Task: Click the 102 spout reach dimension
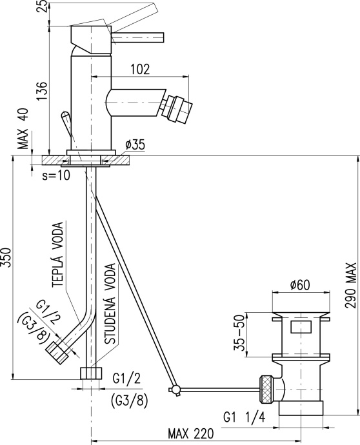point(140,69)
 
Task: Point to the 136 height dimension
point(43,91)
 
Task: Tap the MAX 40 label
point(24,128)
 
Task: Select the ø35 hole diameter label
point(135,144)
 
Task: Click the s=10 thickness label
point(56,175)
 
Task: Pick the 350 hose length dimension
point(6,257)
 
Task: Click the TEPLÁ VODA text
point(57,255)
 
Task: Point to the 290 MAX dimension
point(351,286)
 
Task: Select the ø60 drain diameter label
point(300,285)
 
